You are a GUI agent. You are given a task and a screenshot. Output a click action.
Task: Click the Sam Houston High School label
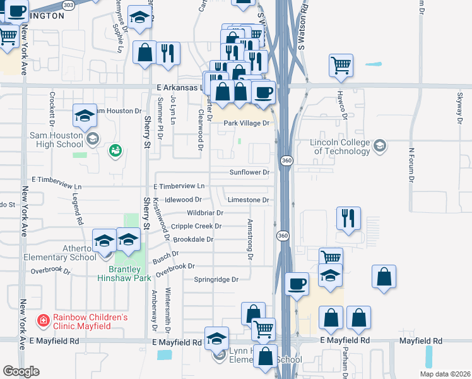[x=57, y=140]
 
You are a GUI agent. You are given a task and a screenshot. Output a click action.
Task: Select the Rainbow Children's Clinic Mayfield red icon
[x=42, y=322]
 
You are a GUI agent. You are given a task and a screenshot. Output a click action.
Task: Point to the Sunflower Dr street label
[x=249, y=172]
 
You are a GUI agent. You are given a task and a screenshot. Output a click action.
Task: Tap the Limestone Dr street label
[x=248, y=200]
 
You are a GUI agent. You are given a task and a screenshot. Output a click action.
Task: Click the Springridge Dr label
[x=216, y=279]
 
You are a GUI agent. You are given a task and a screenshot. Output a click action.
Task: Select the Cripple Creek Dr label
[x=196, y=226]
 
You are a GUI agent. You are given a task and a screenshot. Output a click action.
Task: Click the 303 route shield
[x=69, y=4]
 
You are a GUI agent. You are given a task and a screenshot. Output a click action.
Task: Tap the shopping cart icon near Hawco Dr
[x=341, y=64]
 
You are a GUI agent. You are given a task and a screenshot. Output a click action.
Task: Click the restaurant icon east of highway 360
[x=348, y=218]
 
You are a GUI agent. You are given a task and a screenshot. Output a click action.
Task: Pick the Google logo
[x=21, y=371]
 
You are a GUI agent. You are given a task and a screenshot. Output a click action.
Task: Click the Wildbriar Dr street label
[x=205, y=213]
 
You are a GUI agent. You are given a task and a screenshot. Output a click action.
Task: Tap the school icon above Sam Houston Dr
[x=85, y=116]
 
